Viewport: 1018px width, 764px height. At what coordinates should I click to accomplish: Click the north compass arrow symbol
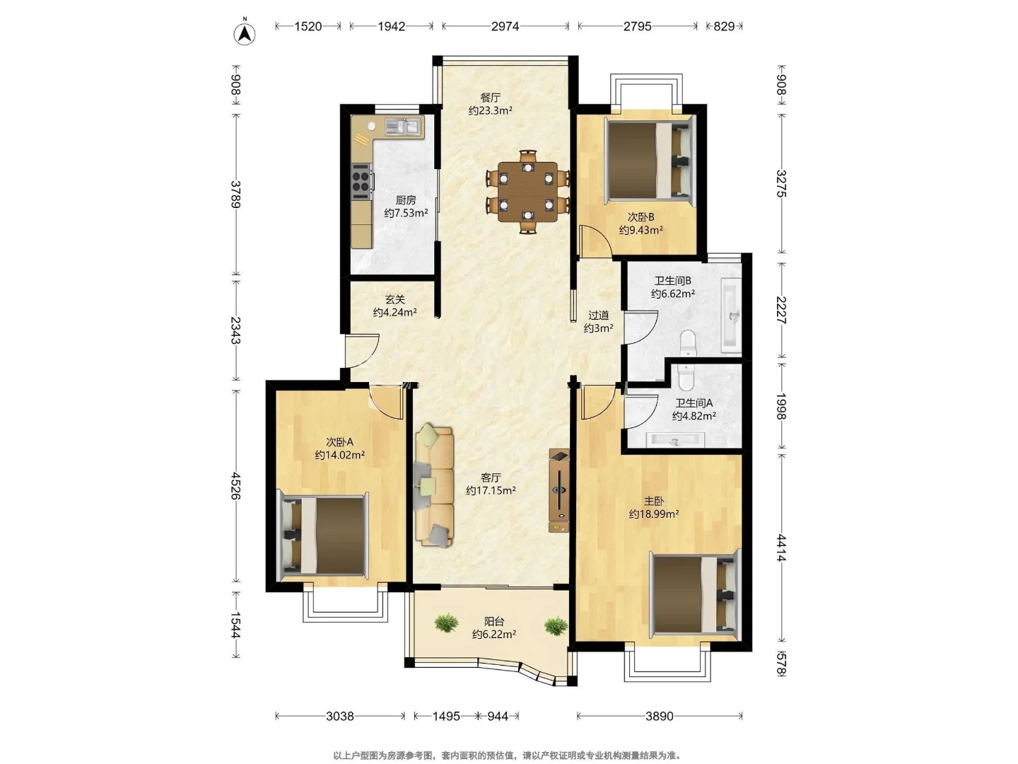[245, 33]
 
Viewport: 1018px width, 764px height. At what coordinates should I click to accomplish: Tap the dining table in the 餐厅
[527, 192]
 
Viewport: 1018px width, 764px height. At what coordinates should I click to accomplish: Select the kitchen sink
[402, 126]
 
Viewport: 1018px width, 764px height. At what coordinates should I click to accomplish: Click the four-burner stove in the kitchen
[362, 181]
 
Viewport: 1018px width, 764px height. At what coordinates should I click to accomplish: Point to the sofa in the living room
[433, 485]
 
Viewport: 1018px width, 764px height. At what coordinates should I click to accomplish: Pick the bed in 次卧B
[650, 161]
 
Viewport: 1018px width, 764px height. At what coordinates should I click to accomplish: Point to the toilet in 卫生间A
[685, 376]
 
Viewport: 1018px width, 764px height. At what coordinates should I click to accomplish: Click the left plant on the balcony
[446, 623]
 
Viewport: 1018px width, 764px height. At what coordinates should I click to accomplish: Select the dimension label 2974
[505, 26]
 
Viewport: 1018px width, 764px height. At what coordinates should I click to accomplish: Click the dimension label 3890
[659, 716]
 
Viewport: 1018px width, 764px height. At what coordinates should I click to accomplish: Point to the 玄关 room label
[394, 300]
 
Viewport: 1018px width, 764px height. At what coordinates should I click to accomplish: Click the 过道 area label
[598, 316]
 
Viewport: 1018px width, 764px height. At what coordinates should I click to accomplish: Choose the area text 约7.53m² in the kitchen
[406, 213]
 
